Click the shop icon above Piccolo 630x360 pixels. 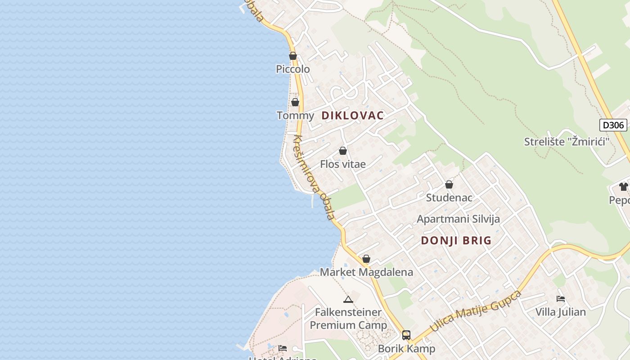293,56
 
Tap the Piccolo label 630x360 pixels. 293,69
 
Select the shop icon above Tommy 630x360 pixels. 295,103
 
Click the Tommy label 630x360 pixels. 295,116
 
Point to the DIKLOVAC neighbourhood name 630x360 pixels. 352,116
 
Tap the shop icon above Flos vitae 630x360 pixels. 343,151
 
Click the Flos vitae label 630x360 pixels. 343,164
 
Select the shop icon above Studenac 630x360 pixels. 449,184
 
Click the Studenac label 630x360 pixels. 449,198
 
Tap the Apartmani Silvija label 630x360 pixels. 458,219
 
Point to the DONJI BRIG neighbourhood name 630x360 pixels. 456,241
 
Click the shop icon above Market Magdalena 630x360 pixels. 366,259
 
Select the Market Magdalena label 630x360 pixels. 366,272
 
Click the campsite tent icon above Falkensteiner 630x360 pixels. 348,299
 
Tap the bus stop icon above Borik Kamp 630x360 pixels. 406,335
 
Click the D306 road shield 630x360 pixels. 613,125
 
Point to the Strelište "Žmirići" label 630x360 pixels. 567,142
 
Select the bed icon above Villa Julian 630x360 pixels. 561,299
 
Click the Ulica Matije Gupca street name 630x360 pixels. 476,311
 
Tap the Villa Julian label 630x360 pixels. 561,312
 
